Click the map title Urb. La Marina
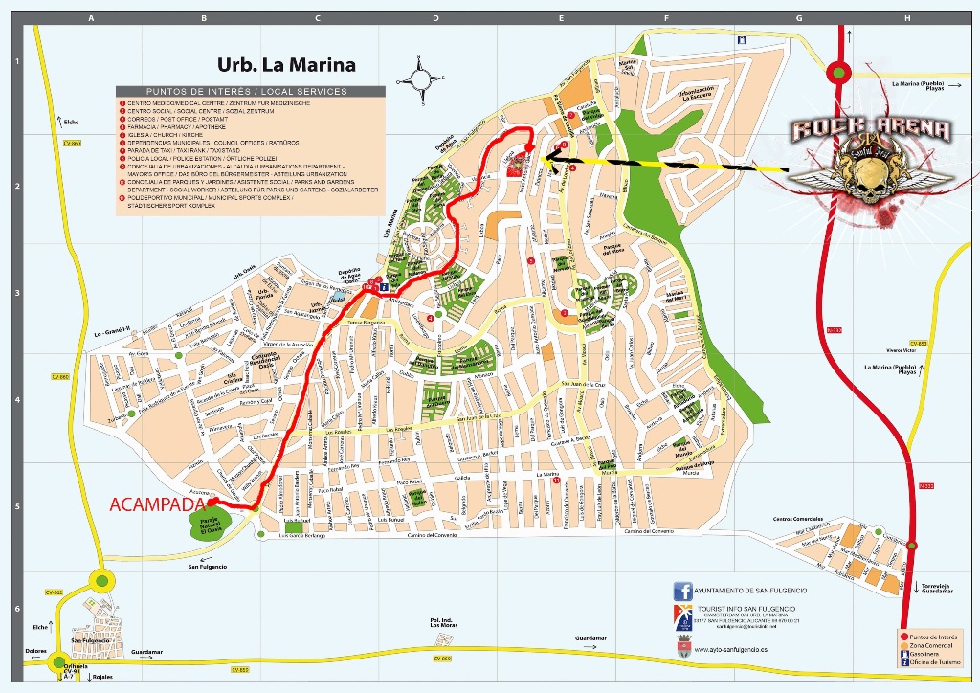coord(286,66)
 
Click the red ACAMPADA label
coord(157,503)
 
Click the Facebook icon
coord(682,592)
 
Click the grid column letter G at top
coord(797,18)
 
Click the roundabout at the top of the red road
coord(839,72)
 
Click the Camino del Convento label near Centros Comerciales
coord(646,531)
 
